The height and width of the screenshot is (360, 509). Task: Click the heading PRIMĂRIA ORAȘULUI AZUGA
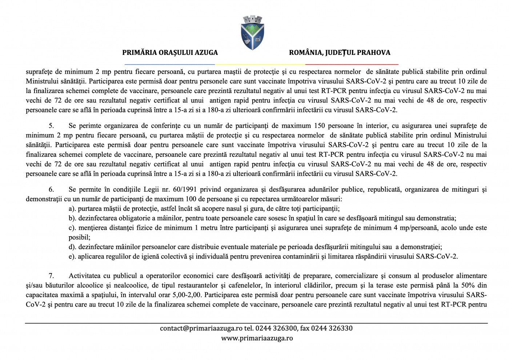click(x=170, y=53)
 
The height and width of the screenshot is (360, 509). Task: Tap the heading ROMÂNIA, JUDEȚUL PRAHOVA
click(x=340, y=53)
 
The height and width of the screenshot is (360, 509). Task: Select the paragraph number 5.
click(x=51, y=126)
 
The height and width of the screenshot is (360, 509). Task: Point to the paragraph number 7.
click(x=51, y=276)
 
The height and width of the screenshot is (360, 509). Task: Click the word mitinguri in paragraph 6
click(x=460, y=190)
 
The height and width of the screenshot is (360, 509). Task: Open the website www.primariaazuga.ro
click(x=257, y=338)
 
